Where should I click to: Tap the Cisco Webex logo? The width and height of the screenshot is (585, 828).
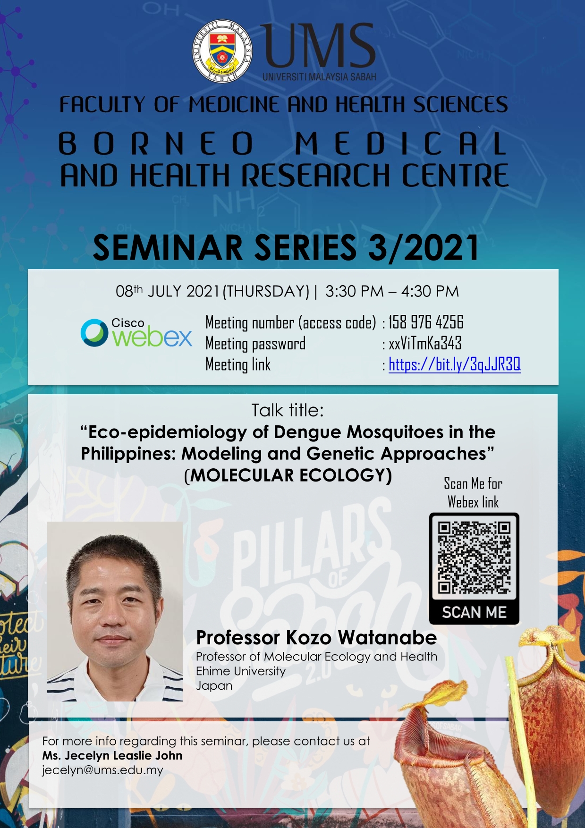click(136, 333)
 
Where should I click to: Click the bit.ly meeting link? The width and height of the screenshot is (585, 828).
click(455, 364)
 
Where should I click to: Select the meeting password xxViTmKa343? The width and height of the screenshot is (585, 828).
click(425, 343)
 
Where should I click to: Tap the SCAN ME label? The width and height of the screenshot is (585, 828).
click(474, 612)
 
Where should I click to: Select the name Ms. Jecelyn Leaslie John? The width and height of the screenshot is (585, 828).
click(112, 755)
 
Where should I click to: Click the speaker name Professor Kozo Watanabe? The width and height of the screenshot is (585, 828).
click(316, 638)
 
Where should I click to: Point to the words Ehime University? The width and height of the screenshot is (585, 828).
click(241, 671)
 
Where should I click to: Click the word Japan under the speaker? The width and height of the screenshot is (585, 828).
click(214, 685)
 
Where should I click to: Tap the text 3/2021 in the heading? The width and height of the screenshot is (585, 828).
click(424, 247)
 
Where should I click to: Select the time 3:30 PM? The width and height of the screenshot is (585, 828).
click(355, 291)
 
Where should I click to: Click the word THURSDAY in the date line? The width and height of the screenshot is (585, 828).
click(268, 291)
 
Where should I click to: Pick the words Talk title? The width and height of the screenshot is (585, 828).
click(288, 410)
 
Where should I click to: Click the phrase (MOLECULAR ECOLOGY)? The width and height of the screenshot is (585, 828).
click(288, 475)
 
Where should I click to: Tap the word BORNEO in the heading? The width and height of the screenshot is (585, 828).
click(157, 144)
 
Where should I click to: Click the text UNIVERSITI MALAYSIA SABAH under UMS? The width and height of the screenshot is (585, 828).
click(320, 76)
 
